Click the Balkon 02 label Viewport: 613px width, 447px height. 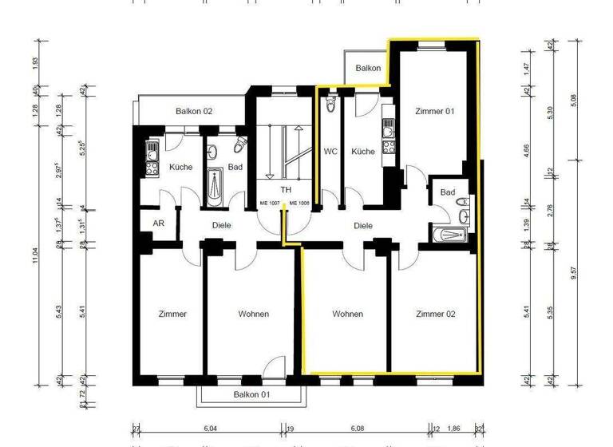194,111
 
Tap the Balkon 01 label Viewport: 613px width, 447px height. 252,395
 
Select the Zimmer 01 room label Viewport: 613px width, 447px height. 435,112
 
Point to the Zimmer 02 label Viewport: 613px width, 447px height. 436,314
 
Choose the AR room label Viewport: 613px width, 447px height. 158,224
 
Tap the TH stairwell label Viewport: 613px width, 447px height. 286,191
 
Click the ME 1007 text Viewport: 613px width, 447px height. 270,204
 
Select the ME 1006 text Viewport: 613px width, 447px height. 299,204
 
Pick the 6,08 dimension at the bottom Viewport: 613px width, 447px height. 359,429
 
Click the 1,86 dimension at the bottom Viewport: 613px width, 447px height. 454,429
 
